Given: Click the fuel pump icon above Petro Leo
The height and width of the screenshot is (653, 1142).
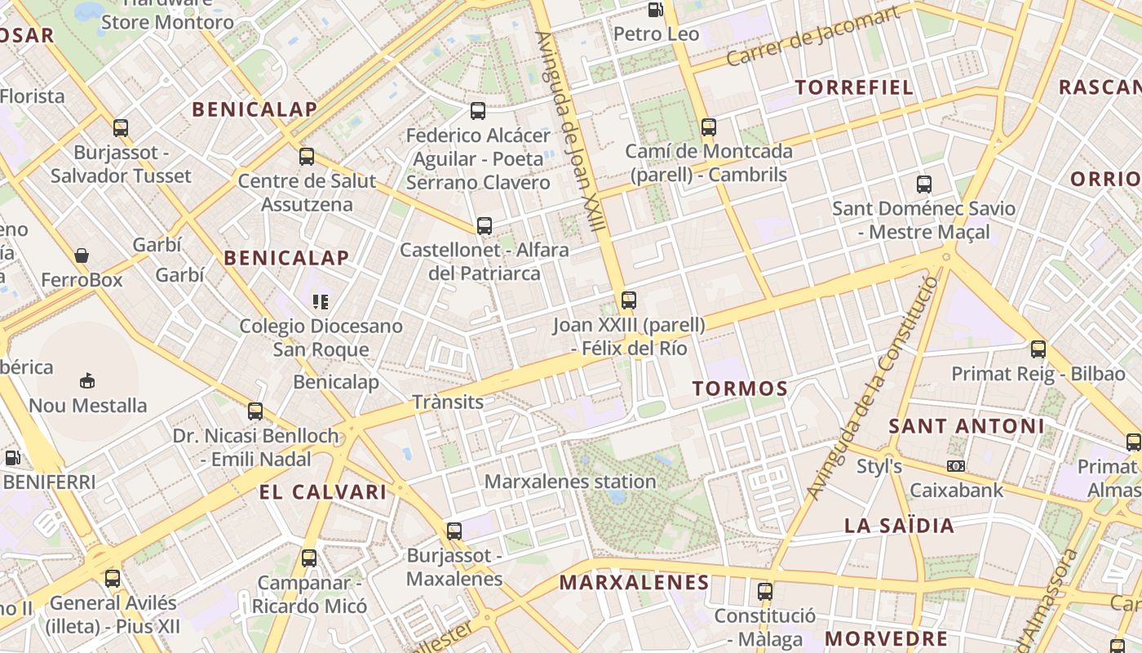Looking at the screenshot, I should [654, 10].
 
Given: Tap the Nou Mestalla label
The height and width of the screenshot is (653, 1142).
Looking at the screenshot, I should [88, 405].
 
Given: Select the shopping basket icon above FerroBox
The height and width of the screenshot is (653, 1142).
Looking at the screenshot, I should [82, 255].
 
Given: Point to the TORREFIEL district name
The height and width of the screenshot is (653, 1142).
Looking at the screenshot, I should [854, 87].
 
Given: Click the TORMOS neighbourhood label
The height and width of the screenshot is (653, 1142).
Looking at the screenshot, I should [740, 389].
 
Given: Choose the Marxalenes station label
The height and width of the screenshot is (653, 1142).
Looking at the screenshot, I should [570, 482].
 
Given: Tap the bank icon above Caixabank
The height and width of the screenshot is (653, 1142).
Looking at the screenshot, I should [956, 466].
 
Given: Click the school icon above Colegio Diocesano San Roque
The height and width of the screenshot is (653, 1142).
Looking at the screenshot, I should [321, 302].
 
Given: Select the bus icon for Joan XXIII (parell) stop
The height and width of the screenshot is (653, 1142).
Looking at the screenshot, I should [628, 300].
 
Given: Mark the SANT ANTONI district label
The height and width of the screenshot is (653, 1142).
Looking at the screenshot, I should [966, 426].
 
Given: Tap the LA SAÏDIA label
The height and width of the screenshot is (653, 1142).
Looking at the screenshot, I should [899, 525].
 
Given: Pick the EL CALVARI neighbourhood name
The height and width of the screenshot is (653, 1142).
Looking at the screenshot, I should [323, 492].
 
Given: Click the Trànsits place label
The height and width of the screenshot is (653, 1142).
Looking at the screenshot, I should [448, 402].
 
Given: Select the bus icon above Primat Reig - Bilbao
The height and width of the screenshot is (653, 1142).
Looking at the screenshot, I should [1038, 349].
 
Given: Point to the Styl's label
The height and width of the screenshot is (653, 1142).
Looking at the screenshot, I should [879, 467].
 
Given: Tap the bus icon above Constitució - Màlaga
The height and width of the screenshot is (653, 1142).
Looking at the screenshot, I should [764, 592].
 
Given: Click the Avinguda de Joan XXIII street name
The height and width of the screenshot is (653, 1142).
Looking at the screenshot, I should [570, 131].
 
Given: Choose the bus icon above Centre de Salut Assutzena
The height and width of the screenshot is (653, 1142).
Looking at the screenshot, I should [307, 157].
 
